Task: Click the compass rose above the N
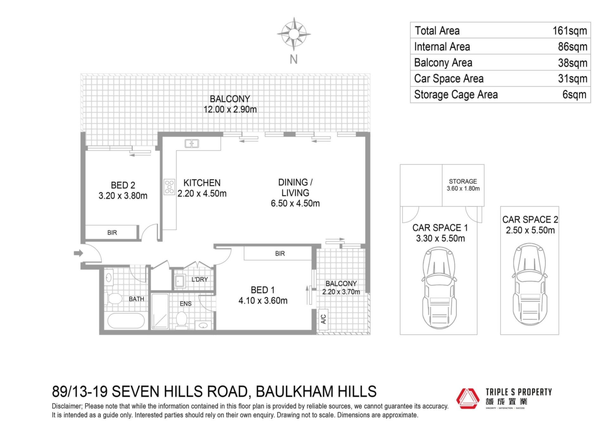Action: pos(294,34)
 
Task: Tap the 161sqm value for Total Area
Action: pos(570,31)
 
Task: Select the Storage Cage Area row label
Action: pos(456,94)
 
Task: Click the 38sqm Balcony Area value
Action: pos(573,63)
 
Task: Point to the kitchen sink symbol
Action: pos(192,144)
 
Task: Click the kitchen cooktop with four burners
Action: pos(169,187)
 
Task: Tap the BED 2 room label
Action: pos(123,185)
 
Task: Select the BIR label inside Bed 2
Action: pos(112,233)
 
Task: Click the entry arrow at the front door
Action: pos(78,253)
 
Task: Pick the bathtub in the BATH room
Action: pos(126,321)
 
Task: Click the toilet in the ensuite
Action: pos(181,318)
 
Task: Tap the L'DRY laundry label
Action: pos(200,279)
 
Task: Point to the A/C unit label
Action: pos(324,319)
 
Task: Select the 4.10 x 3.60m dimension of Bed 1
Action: pos(263,300)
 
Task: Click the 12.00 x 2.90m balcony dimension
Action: pos(230,109)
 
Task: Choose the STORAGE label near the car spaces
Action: pos(463,181)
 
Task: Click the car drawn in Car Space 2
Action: pos(530,284)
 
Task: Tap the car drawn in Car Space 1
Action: pos(439,289)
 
